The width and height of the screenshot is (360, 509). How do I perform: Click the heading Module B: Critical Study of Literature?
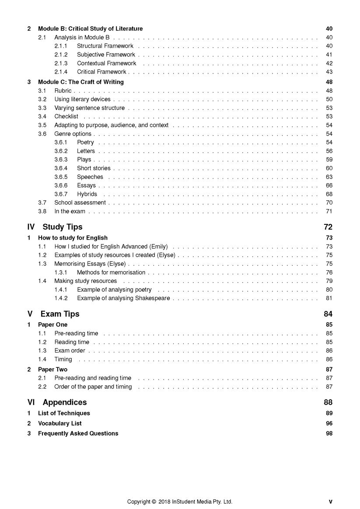click(x=90, y=29)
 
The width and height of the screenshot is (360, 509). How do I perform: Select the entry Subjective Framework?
click(x=106, y=55)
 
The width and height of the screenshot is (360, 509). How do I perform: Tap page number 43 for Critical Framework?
click(x=329, y=72)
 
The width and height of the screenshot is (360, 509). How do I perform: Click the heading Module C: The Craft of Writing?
click(x=80, y=82)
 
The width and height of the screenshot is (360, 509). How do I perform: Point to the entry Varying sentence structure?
click(x=89, y=108)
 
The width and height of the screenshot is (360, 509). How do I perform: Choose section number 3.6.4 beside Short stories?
click(x=61, y=168)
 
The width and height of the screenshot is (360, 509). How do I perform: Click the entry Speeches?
click(x=90, y=177)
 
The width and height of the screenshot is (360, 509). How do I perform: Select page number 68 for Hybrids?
click(x=329, y=194)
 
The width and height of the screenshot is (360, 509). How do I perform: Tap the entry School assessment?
click(x=80, y=203)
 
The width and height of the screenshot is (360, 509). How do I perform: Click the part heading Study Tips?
click(x=62, y=227)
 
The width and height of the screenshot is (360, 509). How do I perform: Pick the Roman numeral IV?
click(x=31, y=227)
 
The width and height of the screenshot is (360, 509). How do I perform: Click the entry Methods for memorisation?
click(x=111, y=272)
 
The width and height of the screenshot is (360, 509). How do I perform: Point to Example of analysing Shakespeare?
click(x=124, y=298)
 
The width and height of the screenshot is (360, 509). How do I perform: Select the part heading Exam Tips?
click(x=60, y=314)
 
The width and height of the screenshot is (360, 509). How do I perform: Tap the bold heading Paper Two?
click(x=52, y=370)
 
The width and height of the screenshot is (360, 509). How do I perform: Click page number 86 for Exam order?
click(x=329, y=351)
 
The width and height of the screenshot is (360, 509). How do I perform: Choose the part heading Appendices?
click(x=65, y=402)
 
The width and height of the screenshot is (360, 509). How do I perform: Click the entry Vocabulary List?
click(x=59, y=423)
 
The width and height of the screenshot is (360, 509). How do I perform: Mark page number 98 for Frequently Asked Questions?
click(x=329, y=433)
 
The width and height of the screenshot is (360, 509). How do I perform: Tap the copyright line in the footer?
click(x=180, y=502)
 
